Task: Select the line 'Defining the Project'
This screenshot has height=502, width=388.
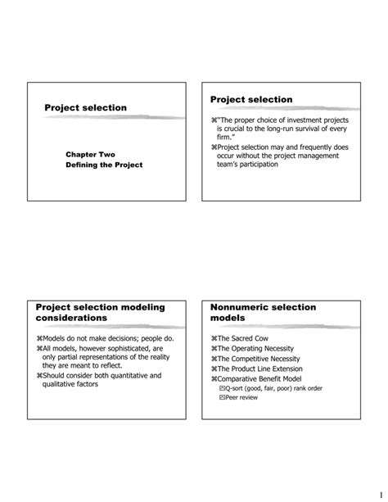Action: tap(104, 165)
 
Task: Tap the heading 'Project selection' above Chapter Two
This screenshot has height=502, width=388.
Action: tap(85, 107)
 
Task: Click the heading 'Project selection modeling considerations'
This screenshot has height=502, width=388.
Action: tap(100, 312)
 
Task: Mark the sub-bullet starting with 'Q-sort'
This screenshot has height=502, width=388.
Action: tap(270, 388)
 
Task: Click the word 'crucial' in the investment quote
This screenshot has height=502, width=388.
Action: tap(239, 129)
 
